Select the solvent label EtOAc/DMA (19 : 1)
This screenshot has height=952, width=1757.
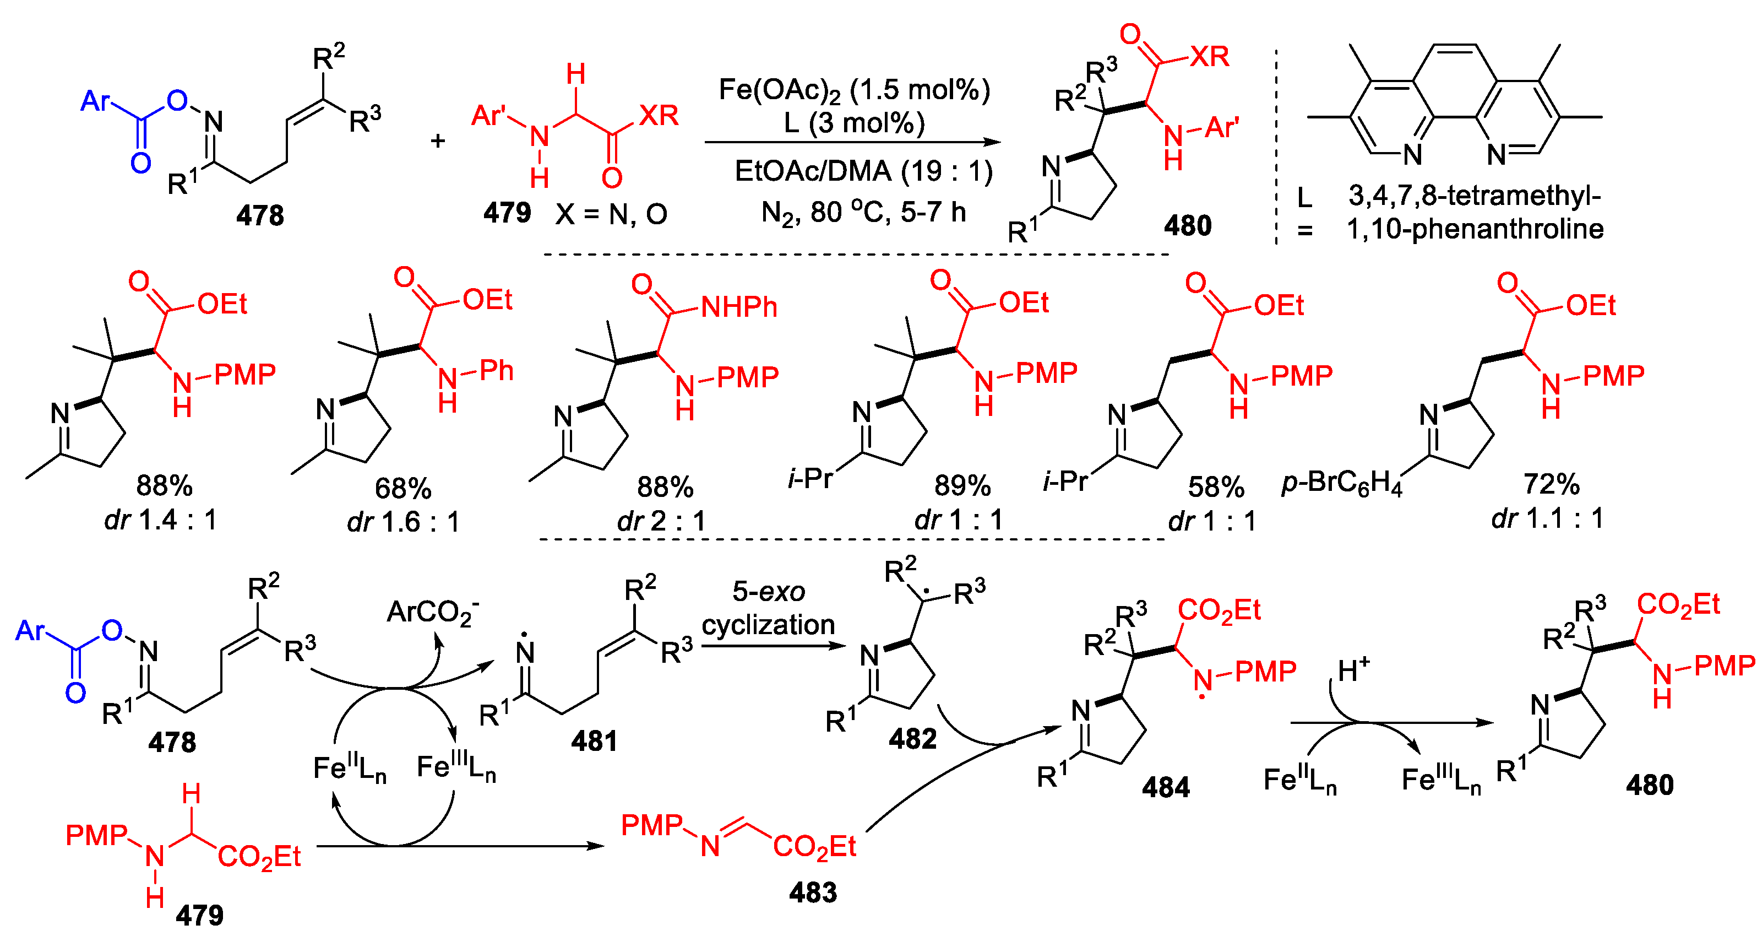[x=863, y=171]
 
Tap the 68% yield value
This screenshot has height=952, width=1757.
[x=402, y=489]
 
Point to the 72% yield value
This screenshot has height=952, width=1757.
[x=1551, y=484]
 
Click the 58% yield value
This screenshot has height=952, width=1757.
[x=1215, y=487]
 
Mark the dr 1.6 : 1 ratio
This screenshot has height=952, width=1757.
[x=403, y=522]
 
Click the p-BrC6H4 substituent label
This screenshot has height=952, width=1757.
[x=1341, y=483]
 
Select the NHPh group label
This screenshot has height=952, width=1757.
[x=739, y=307]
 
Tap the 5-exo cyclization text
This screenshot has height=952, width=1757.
[x=768, y=607]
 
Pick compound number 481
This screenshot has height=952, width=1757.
[x=594, y=741]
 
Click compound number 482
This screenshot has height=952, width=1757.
[x=912, y=739]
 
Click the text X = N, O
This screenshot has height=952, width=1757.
[x=611, y=215]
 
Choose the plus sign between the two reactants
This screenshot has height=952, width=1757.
[x=438, y=140]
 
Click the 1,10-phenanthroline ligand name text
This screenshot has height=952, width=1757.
[x=1475, y=229]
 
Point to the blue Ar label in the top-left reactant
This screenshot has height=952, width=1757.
[x=95, y=101]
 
